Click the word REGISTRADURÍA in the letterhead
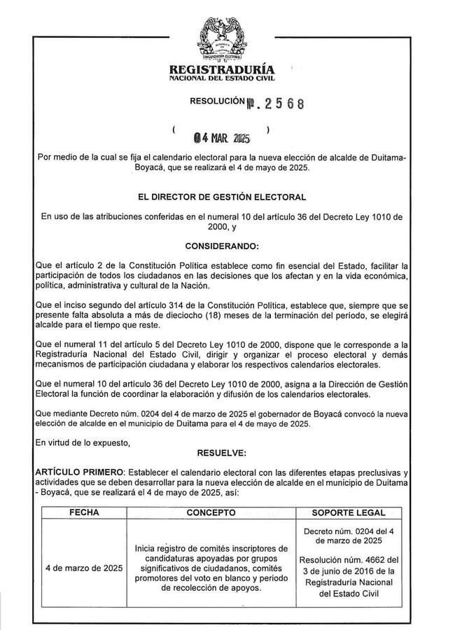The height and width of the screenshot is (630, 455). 222,70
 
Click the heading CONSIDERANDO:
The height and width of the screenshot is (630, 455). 222,246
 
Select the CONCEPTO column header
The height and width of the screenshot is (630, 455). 211,512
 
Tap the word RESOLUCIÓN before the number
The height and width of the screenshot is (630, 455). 218,102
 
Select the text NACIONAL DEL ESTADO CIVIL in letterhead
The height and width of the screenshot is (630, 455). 222,80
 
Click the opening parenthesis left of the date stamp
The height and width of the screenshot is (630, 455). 173,130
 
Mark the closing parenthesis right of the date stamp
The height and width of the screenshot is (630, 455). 269,130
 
